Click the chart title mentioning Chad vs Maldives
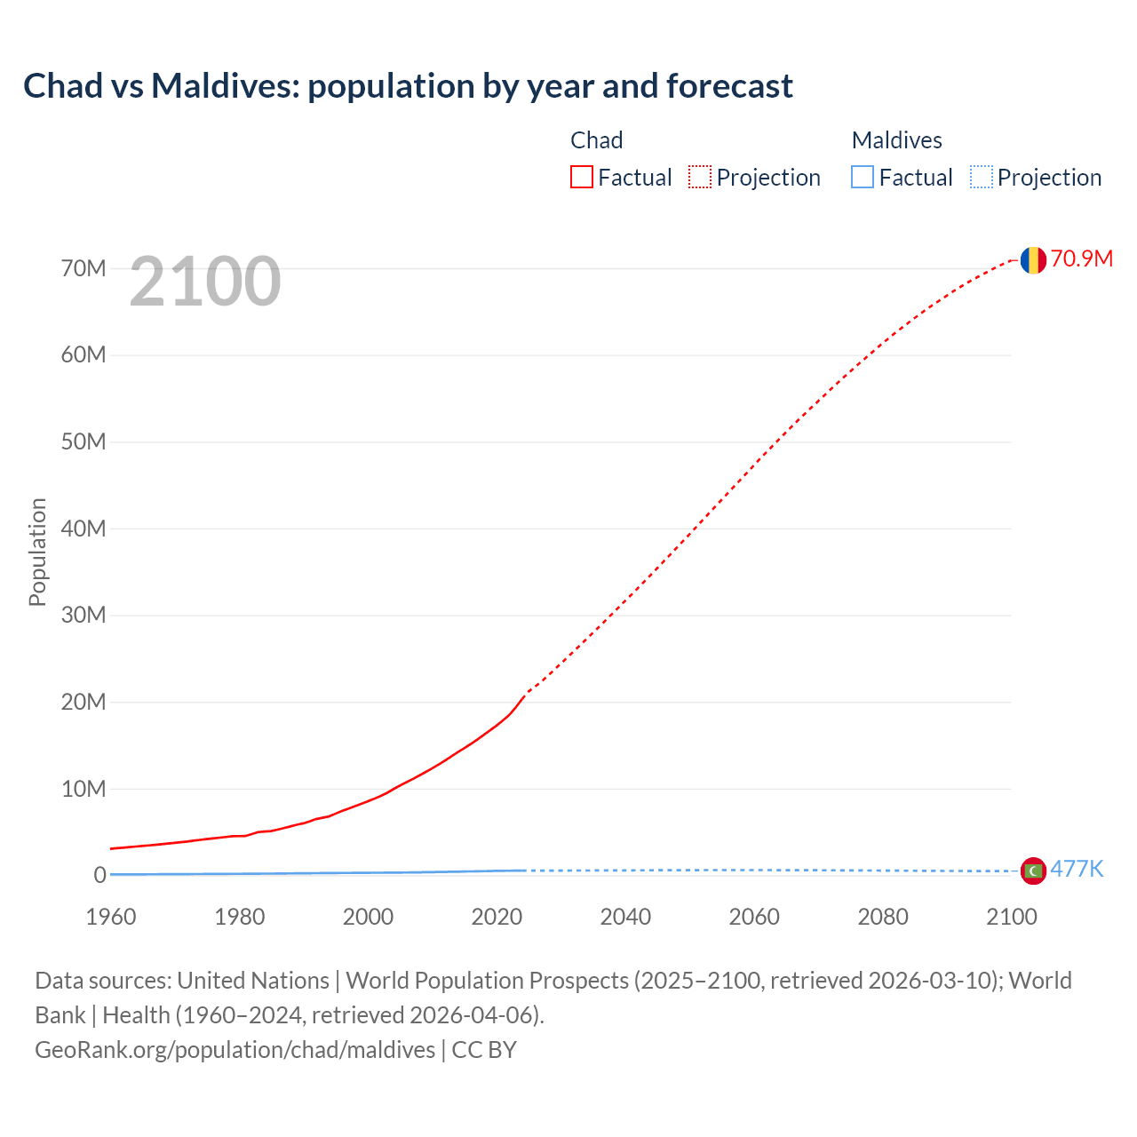[x=408, y=86]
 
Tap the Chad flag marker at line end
[x=1032, y=259]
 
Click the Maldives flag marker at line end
[x=1032, y=871]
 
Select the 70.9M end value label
[x=1081, y=258]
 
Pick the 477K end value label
[x=1077, y=869]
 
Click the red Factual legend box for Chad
[x=581, y=177]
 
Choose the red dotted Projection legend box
[x=700, y=177]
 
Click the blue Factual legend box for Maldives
[x=862, y=177]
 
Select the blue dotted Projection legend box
[x=981, y=177]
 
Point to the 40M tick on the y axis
[x=83, y=529]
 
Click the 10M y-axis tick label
[x=83, y=789]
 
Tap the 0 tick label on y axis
[x=99, y=875]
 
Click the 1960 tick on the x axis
[x=111, y=917]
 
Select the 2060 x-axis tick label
[x=754, y=917]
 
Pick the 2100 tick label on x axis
[x=1011, y=917]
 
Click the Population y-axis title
[x=37, y=552]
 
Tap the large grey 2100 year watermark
[x=205, y=282]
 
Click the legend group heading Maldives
[x=896, y=140]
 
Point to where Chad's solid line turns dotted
[x=526, y=694]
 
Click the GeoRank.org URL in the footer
[x=235, y=1050]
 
